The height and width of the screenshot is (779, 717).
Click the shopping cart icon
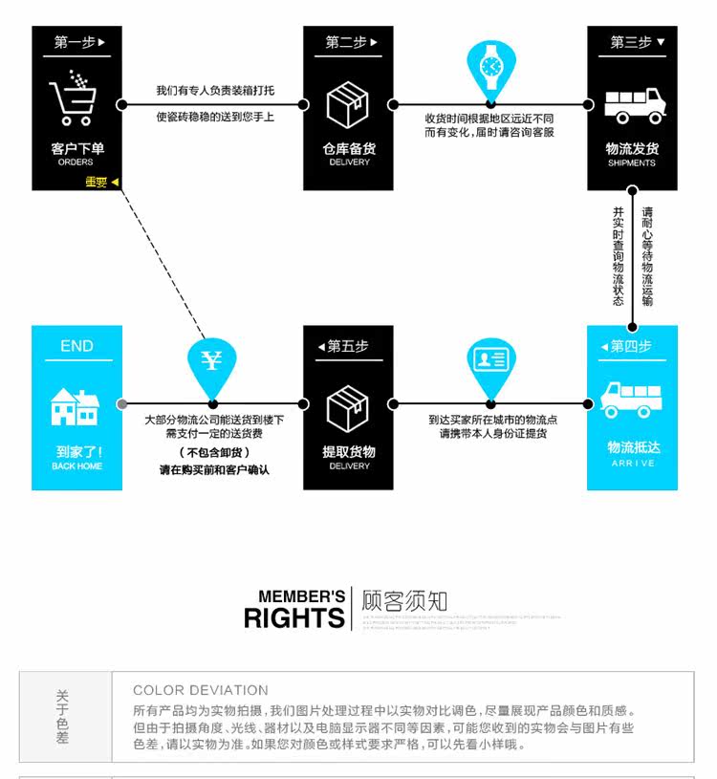(x=74, y=97)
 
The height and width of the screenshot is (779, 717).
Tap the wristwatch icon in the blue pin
(x=490, y=65)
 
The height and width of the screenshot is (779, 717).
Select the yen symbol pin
(x=211, y=361)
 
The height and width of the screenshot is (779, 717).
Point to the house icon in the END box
(x=76, y=406)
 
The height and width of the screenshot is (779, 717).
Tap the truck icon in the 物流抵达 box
(x=632, y=400)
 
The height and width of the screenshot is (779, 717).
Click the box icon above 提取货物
(x=348, y=407)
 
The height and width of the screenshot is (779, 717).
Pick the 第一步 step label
(x=77, y=42)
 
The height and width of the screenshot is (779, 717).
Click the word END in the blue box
(x=76, y=346)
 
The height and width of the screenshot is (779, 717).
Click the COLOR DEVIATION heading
(x=201, y=690)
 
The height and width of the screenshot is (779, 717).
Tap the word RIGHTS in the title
(x=293, y=617)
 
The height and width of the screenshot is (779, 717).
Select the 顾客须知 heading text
(x=404, y=602)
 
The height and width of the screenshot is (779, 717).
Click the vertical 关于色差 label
(x=63, y=717)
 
